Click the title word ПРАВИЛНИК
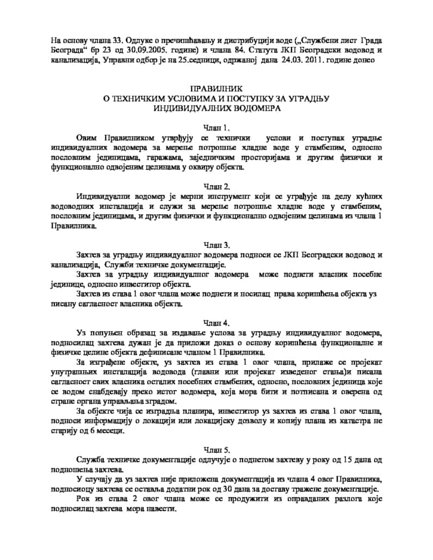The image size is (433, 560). point(216,88)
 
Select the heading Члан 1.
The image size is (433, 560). point(216,128)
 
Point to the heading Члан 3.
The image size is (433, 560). point(216,245)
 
